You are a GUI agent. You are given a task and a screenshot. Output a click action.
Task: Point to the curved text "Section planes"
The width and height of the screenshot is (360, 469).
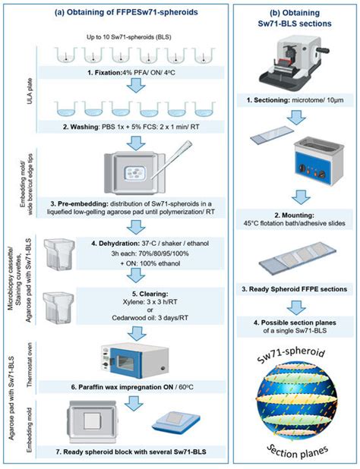click(x=298, y=455)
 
